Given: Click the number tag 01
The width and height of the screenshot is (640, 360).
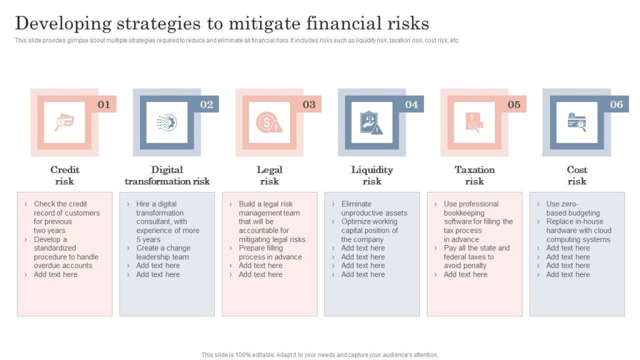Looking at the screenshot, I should click(104, 104).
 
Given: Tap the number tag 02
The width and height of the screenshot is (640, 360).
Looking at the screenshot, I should click(206, 104).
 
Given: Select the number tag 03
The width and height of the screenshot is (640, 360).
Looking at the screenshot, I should click(309, 104).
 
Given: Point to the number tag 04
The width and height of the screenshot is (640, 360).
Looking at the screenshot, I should click(411, 104).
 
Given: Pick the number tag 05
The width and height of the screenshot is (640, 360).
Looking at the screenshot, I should click(514, 104).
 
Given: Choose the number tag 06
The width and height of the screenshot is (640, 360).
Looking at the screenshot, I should click(616, 104).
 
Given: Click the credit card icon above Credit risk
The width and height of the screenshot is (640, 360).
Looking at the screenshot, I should click(64, 122).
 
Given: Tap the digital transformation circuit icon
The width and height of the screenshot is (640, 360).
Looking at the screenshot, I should click(167, 122).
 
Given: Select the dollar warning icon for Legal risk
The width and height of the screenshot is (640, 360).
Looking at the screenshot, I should click(269, 122).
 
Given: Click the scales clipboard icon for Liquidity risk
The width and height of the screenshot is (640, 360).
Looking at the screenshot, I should click(372, 122).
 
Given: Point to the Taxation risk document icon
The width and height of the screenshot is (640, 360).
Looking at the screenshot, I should click(474, 122).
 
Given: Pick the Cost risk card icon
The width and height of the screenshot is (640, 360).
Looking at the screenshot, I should click(577, 122).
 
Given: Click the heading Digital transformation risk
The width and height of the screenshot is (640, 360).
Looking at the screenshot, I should click(167, 176).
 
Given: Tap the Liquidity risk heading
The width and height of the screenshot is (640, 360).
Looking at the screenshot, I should click(372, 176).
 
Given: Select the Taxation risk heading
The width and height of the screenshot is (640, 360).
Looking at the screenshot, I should click(474, 176).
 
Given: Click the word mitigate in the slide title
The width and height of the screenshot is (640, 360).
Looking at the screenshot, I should click(266, 23).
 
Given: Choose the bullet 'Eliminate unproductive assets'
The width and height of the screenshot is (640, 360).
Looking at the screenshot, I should click(374, 208).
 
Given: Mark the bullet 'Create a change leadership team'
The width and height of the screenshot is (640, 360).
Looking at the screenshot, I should click(162, 252).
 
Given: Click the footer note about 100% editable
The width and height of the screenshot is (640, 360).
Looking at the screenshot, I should click(319, 354).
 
